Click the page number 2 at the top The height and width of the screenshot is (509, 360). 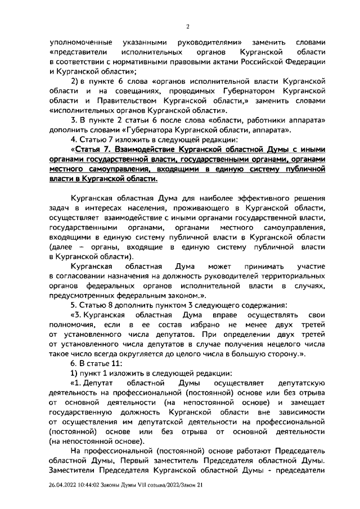(188, 26)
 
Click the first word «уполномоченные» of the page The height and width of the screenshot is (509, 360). (80, 43)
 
